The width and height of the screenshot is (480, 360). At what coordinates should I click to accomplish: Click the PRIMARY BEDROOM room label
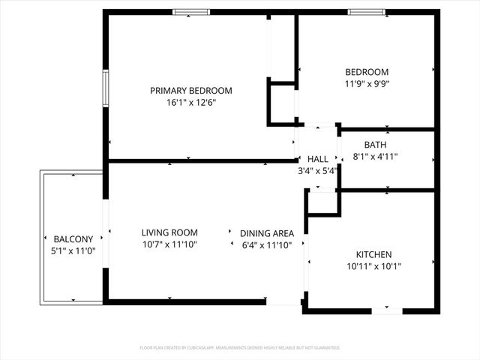pyautogui.click(x=190, y=91)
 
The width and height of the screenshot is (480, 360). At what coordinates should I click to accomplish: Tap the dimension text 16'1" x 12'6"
pyautogui.click(x=190, y=103)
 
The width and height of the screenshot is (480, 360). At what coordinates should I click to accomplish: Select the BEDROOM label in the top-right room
pyautogui.click(x=367, y=72)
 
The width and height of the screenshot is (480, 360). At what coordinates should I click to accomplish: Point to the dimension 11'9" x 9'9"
pyautogui.click(x=367, y=84)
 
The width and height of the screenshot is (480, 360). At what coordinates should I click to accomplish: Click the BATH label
pyautogui.click(x=375, y=145)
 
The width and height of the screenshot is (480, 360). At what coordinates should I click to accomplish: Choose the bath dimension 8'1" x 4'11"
pyautogui.click(x=375, y=157)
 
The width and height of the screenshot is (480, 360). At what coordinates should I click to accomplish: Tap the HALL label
pyautogui.click(x=318, y=159)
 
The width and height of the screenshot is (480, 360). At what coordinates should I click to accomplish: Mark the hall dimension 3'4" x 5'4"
pyautogui.click(x=318, y=170)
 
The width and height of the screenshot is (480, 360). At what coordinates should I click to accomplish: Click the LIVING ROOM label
pyautogui.click(x=169, y=232)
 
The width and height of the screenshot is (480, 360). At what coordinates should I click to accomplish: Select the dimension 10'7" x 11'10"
pyautogui.click(x=169, y=244)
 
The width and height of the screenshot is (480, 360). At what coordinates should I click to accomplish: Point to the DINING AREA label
pyautogui.click(x=266, y=233)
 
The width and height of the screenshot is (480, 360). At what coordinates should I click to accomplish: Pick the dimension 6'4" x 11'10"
pyautogui.click(x=266, y=244)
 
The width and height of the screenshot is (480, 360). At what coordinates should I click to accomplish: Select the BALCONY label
pyautogui.click(x=73, y=239)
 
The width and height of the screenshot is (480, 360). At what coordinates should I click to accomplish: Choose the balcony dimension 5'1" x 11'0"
pyautogui.click(x=73, y=250)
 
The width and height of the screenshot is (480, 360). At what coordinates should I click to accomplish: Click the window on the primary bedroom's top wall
pyautogui.click(x=191, y=12)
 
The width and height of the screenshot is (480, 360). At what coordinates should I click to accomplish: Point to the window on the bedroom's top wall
pyautogui.click(x=367, y=12)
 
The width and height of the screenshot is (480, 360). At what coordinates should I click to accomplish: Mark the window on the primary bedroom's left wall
pyautogui.click(x=106, y=90)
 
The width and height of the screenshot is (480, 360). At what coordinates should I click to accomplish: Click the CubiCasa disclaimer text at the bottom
pyautogui.click(x=240, y=348)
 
